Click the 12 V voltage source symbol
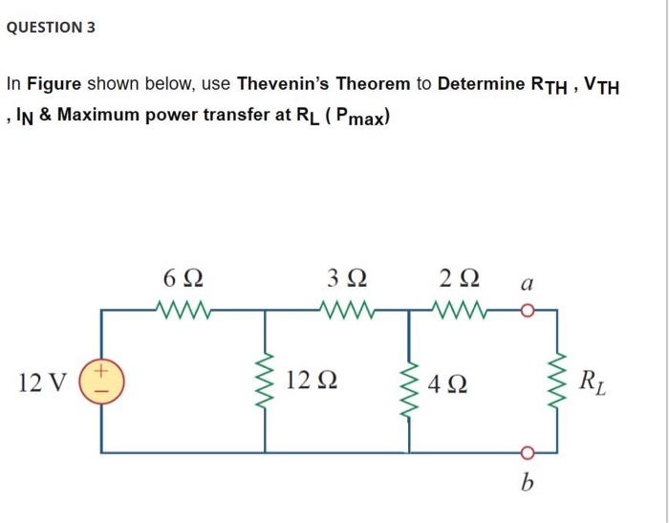(104, 382)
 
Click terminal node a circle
(525, 310)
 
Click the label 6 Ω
(182, 278)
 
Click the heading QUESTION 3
(51, 27)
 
